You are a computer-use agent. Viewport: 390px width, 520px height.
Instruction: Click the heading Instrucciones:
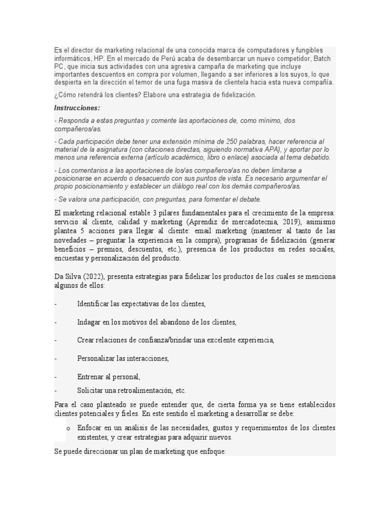pos(77,108)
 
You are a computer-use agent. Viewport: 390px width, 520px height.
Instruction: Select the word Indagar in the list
pos(89,322)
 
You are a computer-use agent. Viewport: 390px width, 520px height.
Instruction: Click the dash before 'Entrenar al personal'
pos(55,377)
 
